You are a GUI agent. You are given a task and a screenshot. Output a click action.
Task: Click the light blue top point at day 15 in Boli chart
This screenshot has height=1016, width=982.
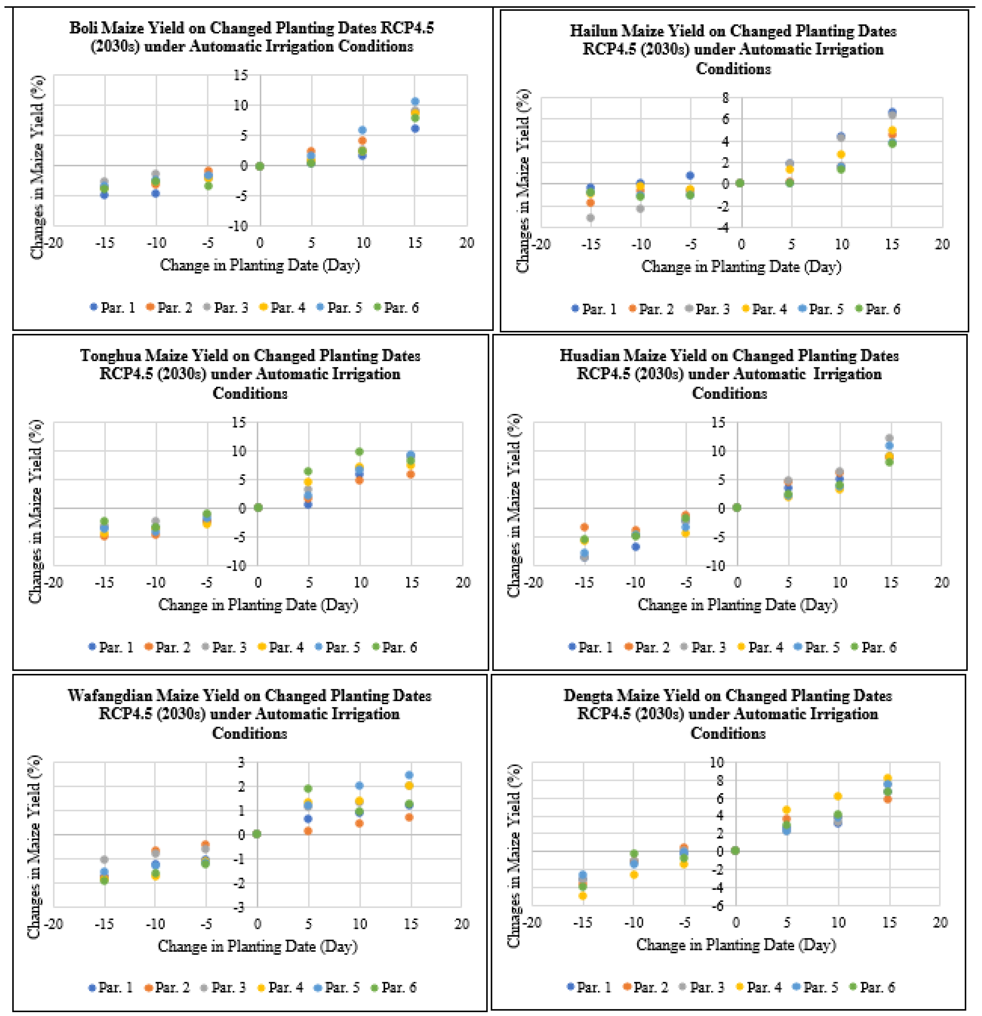coord(415,102)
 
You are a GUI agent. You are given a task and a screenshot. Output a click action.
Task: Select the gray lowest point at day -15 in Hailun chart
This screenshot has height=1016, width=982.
coord(590,218)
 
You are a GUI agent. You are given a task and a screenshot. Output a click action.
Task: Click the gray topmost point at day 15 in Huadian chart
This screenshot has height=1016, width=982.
coord(889,438)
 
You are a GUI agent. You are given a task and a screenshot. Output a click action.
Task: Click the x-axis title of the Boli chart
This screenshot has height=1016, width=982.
coord(260,265)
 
